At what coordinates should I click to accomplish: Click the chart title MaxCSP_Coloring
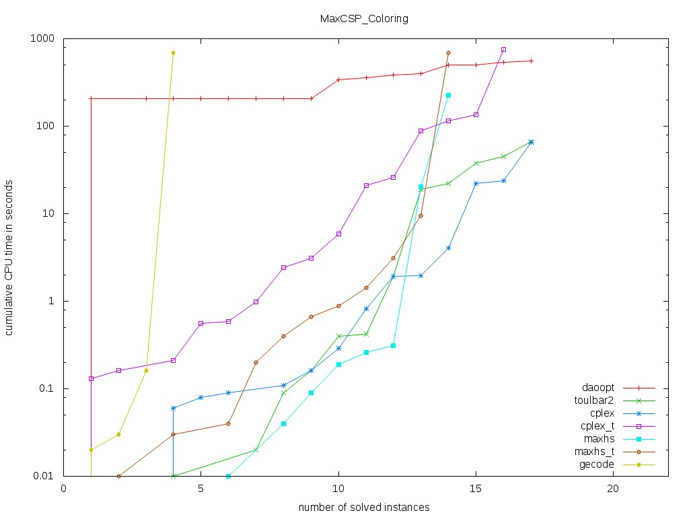click(x=363, y=19)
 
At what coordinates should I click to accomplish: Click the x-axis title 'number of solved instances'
click(x=364, y=507)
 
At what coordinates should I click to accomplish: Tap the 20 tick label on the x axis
click(x=613, y=489)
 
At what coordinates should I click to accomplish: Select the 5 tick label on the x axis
click(x=201, y=489)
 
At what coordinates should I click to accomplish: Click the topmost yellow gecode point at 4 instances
click(x=173, y=53)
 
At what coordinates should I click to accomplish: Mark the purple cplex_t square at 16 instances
click(x=503, y=50)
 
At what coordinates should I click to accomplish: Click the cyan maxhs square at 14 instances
click(x=448, y=96)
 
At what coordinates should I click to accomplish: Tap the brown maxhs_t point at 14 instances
click(x=448, y=53)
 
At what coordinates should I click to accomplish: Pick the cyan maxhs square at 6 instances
click(x=228, y=476)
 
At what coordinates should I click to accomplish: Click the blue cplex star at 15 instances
click(x=476, y=183)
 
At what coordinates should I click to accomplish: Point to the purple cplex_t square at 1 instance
click(x=91, y=378)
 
